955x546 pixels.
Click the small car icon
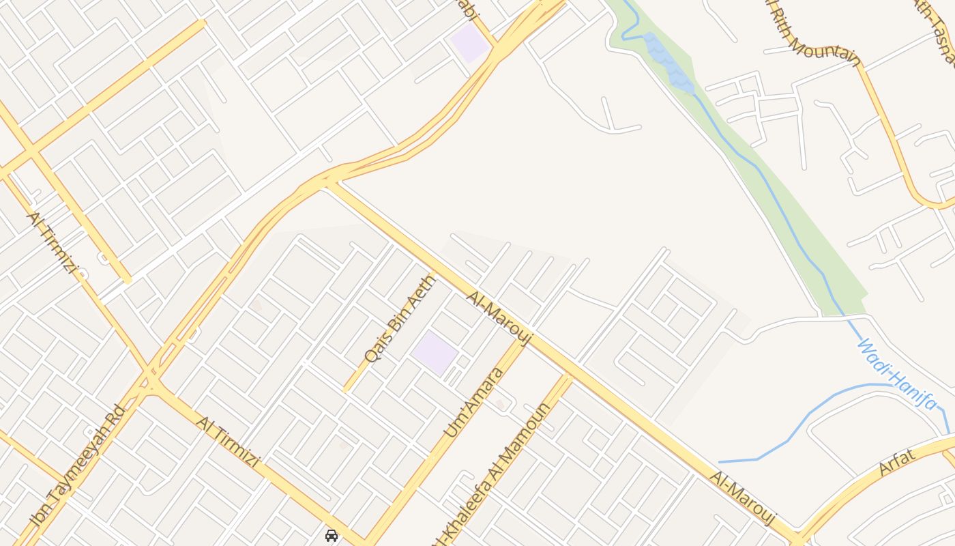332,536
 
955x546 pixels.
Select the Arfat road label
897,462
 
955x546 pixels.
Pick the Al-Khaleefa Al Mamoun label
493,472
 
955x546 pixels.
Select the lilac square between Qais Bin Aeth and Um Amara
435,353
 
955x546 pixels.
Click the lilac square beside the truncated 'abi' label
469,42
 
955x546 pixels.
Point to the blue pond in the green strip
670,62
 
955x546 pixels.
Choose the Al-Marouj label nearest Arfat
743,498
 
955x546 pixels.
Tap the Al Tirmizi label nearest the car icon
227,441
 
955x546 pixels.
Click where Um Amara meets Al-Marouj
526,339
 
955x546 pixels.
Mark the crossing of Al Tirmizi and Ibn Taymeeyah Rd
151,383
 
